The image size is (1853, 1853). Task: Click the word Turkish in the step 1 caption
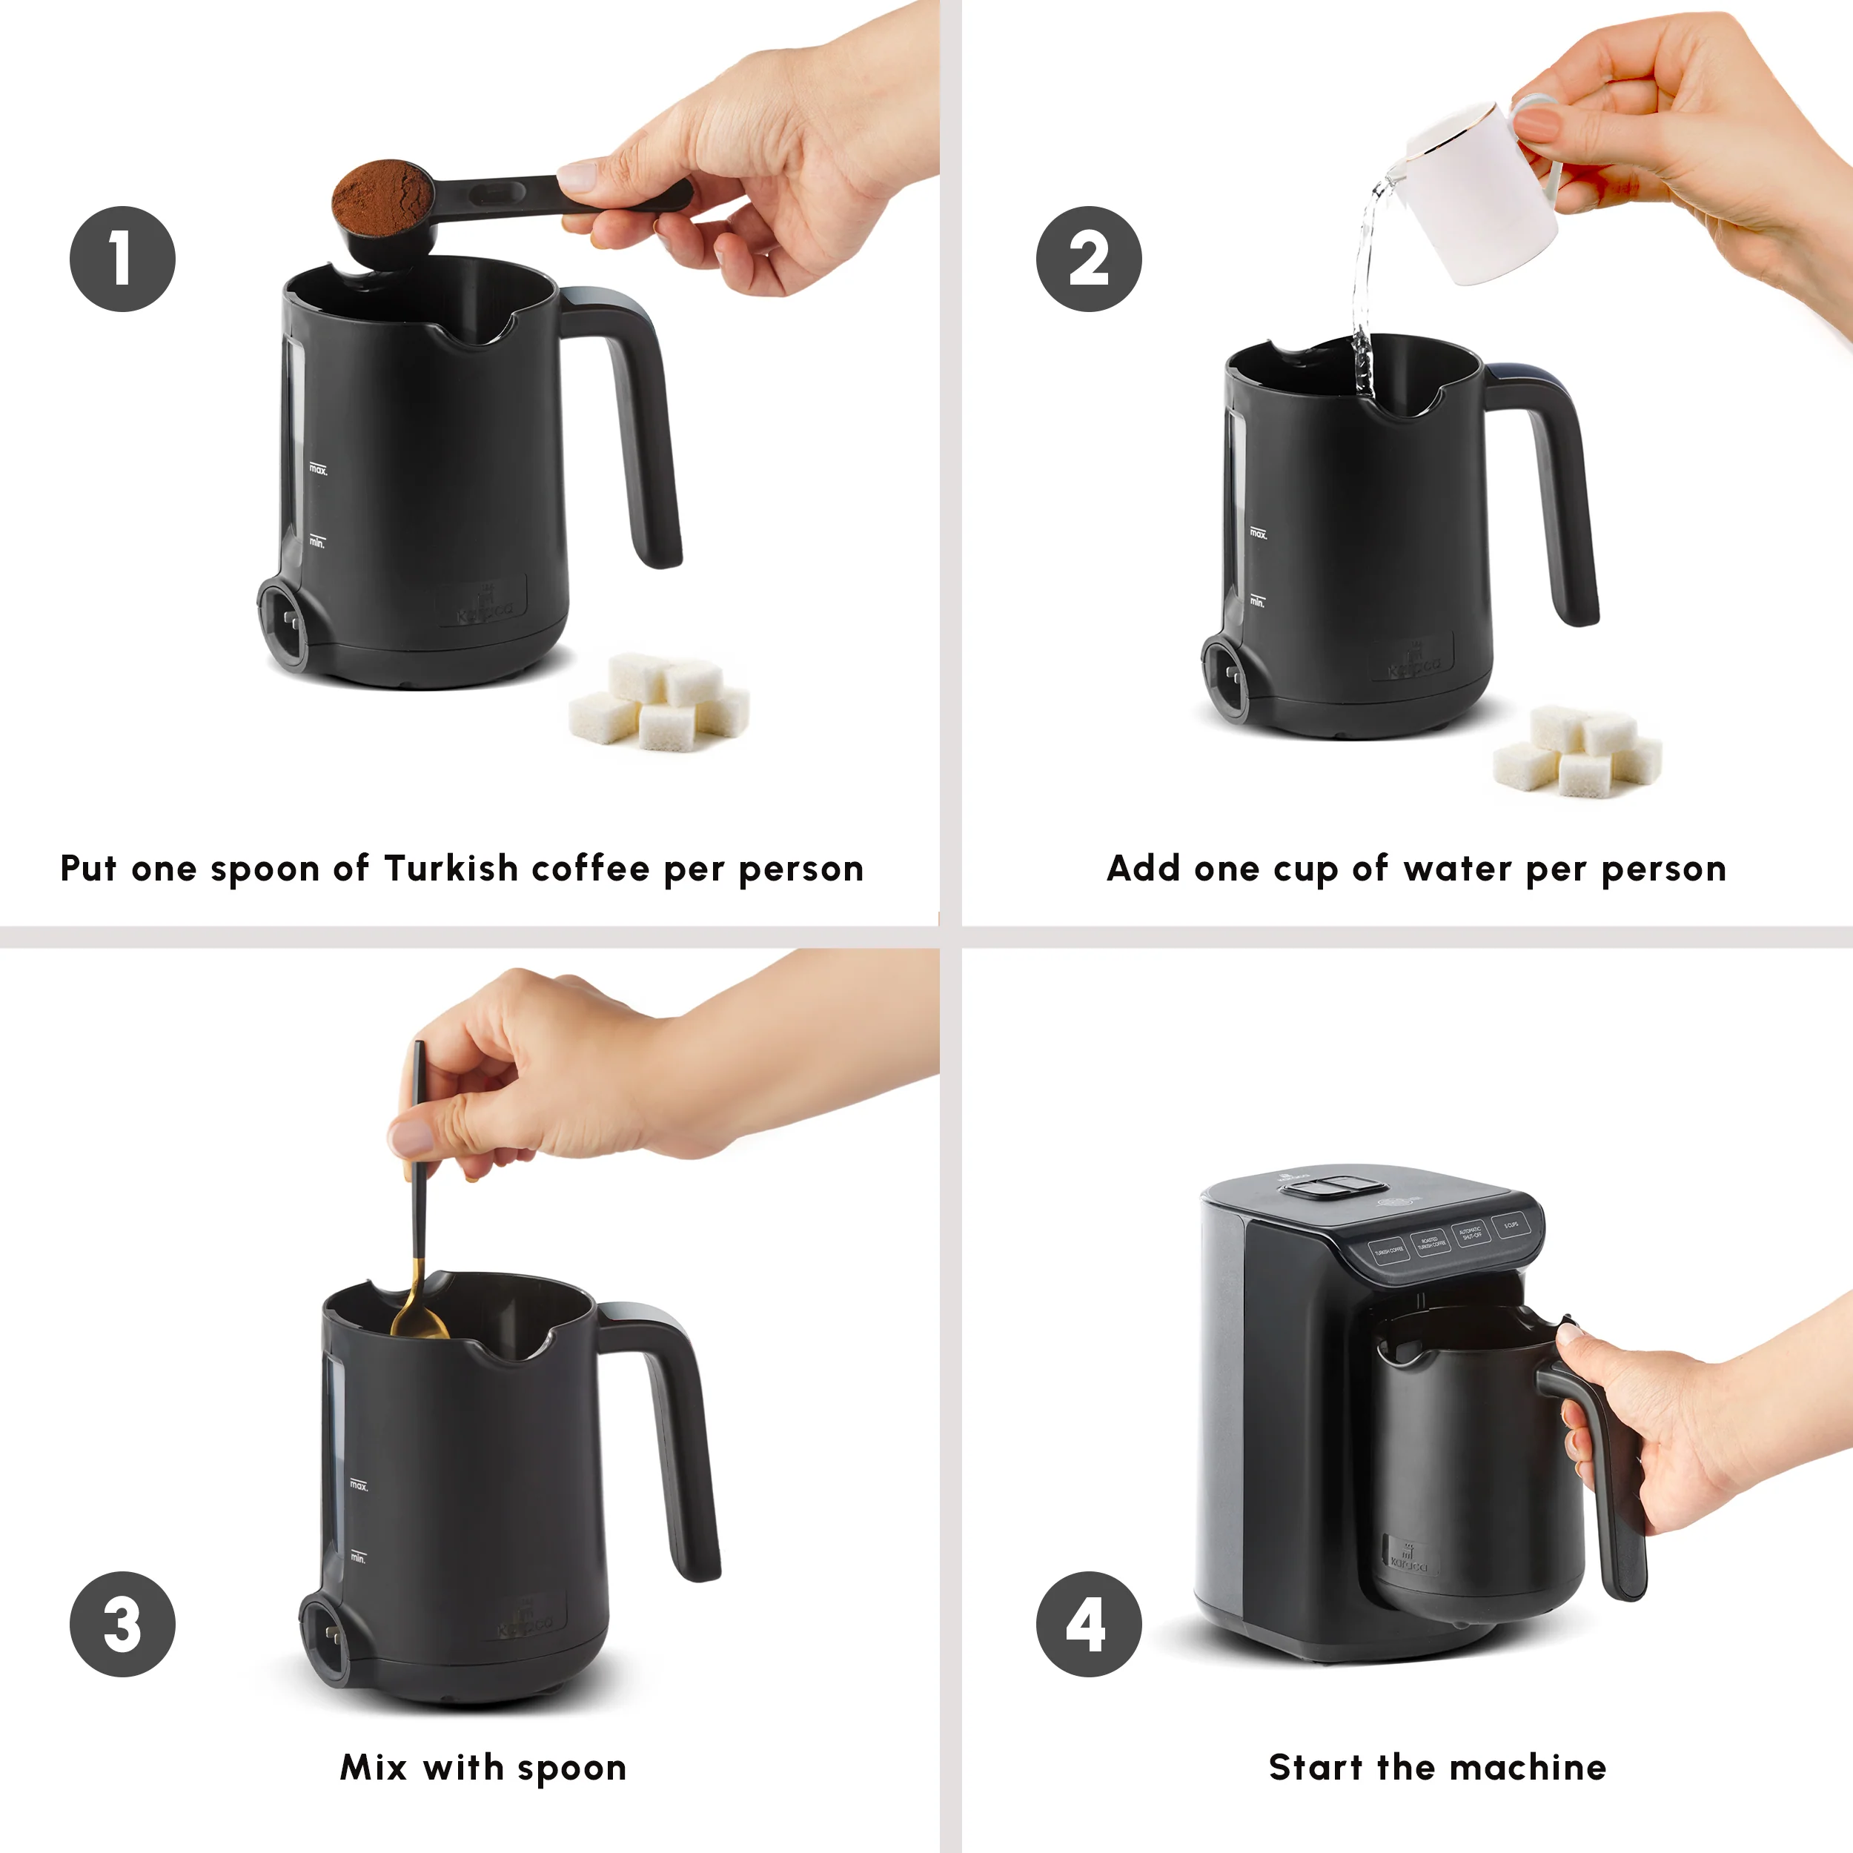451,868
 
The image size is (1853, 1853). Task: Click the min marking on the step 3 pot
358,1557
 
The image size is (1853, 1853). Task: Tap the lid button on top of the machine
1324,1187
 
